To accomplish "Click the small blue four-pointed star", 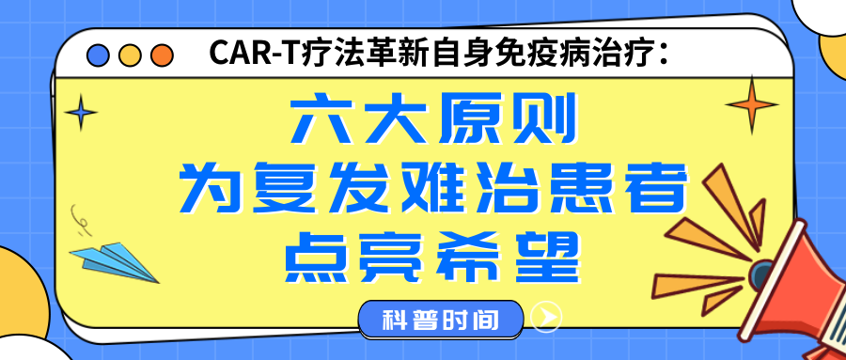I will [83, 115].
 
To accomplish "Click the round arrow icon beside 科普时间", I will [546, 318].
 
